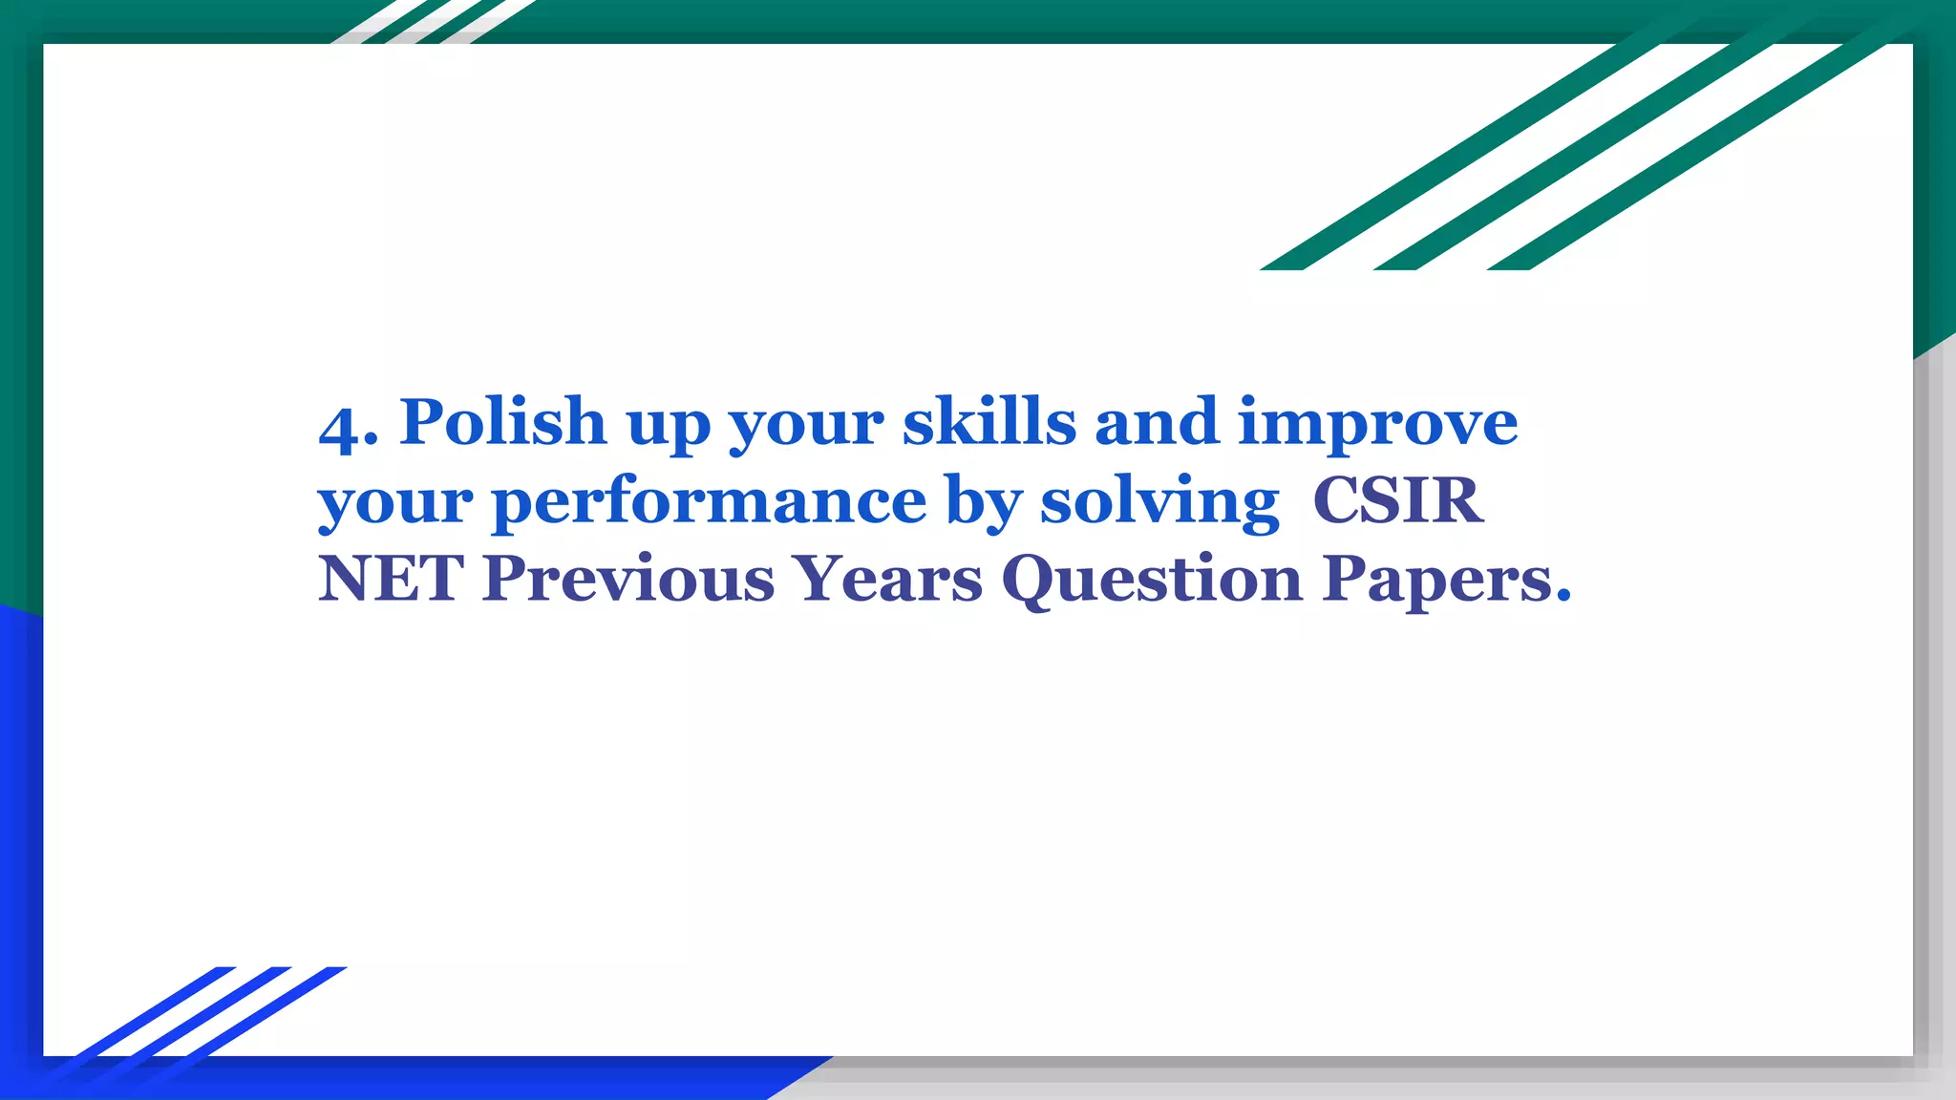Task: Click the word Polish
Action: pyautogui.click(x=502, y=421)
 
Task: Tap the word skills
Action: pyautogui.click(x=989, y=421)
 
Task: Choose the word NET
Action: pyautogui.click(x=391, y=579)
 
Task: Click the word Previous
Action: pyautogui.click(x=627, y=579)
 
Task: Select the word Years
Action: pyautogui.click(x=888, y=579)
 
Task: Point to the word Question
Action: pyautogui.click(x=1151, y=581)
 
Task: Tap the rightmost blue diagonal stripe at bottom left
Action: pyautogui.click(x=267, y=1012)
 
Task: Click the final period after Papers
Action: pyautogui.click(x=1563, y=598)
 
